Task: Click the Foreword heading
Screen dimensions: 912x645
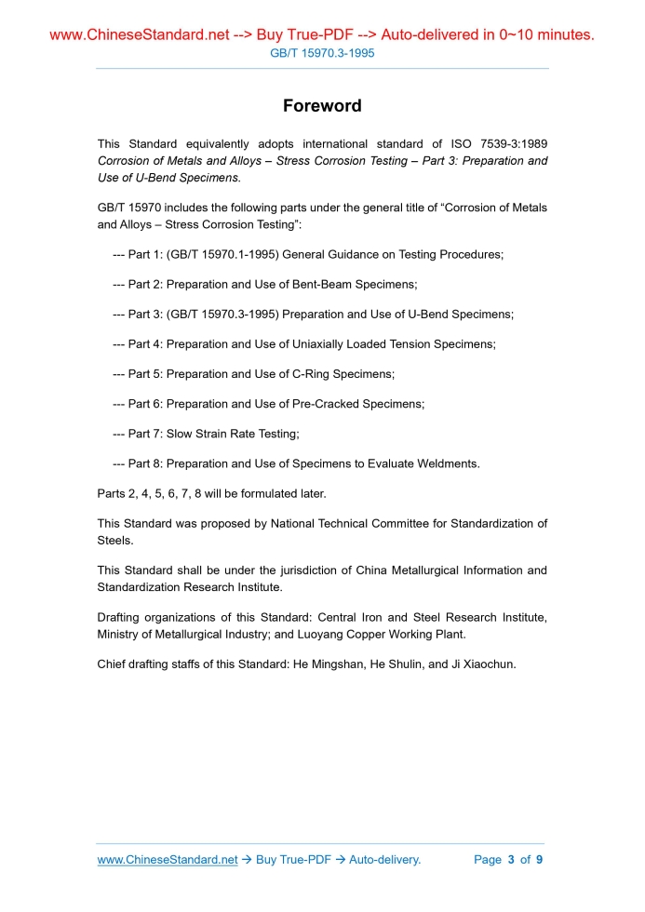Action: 322,106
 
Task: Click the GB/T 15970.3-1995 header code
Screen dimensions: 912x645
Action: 322,54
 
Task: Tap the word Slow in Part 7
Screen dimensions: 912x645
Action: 180,434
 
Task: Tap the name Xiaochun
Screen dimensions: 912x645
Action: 482,664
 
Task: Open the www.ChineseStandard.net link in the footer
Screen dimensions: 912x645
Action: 168,860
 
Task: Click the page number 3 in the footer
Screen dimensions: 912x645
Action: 511,860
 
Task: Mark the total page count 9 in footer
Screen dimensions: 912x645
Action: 539,860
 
